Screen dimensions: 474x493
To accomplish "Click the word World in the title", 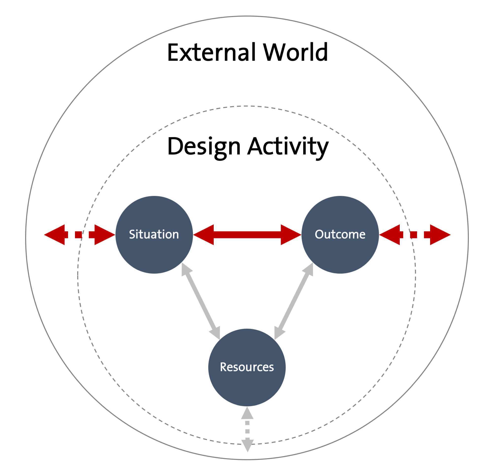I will point(295,52).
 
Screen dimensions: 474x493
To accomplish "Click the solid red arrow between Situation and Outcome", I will point(247,235).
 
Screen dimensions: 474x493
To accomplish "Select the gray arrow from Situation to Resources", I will point(201,301).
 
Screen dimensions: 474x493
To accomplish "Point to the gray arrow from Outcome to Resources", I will point(294,301).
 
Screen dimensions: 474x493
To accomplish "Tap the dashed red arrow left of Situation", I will point(79,235).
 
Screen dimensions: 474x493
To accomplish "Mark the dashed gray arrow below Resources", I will point(247,433).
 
